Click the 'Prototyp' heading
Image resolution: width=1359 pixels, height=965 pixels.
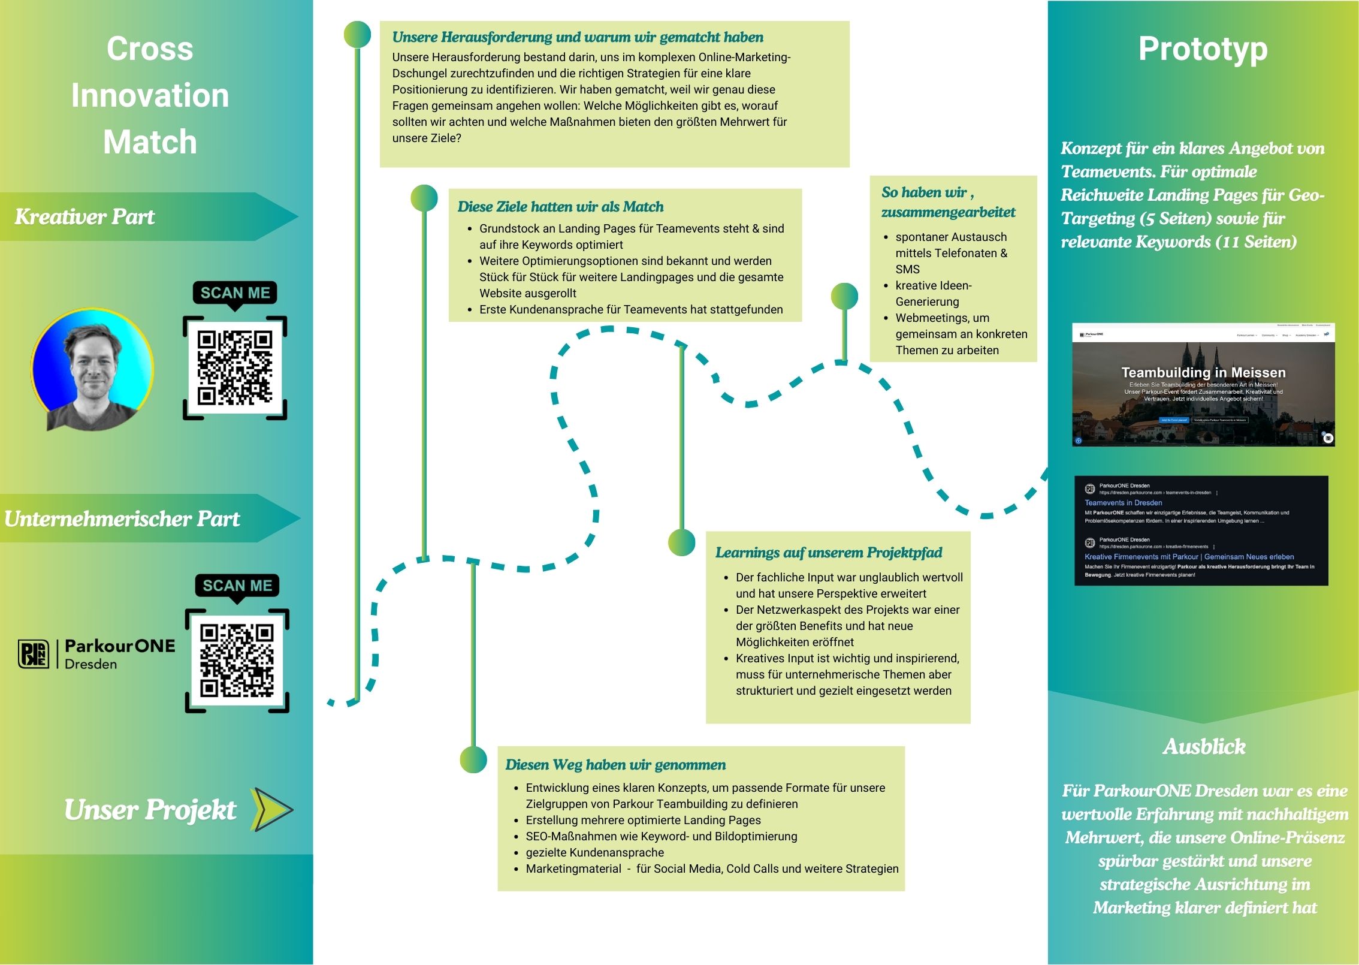coord(1203,49)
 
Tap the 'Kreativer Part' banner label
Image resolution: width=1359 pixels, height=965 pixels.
coord(84,217)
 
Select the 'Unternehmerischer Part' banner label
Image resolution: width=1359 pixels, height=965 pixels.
coord(122,519)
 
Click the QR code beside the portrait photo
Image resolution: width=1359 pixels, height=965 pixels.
coord(235,367)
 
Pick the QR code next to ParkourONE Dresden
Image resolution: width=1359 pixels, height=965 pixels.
coord(237,661)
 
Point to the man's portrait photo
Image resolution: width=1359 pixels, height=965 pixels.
coord(92,370)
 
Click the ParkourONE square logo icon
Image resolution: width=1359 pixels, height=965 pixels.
coord(34,654)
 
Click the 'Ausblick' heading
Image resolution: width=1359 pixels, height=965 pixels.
coord(1204,747)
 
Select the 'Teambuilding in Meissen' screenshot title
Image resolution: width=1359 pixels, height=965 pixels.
coord(1203,373)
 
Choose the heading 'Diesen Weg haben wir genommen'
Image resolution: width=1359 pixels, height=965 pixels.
coord(615,765)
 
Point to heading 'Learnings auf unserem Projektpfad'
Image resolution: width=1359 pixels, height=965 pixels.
coord(828,553)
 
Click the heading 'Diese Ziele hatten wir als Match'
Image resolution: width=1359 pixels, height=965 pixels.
coord(560,207)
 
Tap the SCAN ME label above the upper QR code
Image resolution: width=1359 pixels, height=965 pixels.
coord(235,293)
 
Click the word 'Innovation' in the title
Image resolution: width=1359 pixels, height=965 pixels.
coord(150,96)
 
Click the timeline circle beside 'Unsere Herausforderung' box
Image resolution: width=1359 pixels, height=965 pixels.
coord(357,35)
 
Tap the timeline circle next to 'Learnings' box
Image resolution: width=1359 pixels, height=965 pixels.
coord(681,542)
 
